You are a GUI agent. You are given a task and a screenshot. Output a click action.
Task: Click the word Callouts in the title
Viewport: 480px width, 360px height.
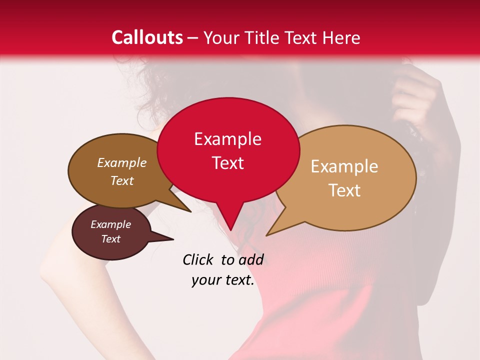point(147,38)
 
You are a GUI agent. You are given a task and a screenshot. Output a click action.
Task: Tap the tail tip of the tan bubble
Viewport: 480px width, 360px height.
point(266,235)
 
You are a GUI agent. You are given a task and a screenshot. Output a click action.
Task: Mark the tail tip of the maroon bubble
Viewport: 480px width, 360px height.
point(173,239)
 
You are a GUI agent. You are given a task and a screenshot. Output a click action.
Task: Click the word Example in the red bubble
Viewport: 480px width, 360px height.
point(227,139)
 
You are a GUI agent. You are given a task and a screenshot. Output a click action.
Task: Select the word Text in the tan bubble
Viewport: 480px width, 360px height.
point(344,190)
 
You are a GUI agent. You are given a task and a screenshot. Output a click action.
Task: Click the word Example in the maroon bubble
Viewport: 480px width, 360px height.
point(110,224)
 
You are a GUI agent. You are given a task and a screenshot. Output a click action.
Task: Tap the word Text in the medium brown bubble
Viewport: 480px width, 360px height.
point(122,181)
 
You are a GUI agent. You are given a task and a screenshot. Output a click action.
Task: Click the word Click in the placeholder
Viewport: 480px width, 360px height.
point(199,259)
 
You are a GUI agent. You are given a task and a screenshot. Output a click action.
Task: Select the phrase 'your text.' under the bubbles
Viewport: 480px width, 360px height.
point(222,280)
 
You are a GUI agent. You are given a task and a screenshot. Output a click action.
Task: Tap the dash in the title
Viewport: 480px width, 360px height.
point(193,38)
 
